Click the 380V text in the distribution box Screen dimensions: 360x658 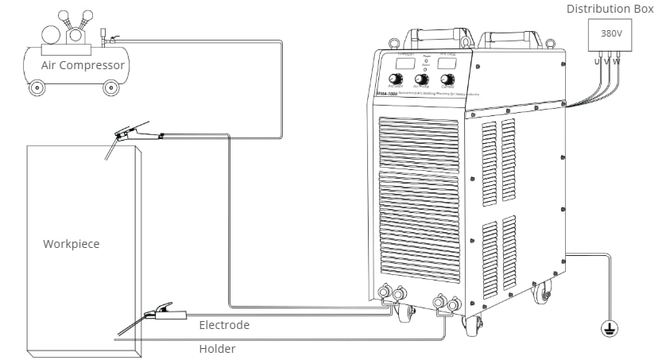pos(611,34)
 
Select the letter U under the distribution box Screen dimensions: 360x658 pos(597,61)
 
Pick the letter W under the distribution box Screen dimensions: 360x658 pos(617,61)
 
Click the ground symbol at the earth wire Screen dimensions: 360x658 pos(610,327)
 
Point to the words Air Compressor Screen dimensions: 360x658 pos(83,65)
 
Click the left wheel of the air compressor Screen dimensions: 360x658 pos(37,88)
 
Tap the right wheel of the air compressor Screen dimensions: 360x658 pos(110,87)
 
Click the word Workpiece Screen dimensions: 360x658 pos(72,244)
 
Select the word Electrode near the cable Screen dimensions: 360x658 pos(224,325)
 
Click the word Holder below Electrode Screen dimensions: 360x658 pos(217,348)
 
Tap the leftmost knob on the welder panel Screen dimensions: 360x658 pos(395,79)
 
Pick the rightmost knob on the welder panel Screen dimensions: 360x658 pos(447,79)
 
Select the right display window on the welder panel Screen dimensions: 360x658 pos(447,61)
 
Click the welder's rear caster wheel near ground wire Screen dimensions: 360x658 pos(544,295)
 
